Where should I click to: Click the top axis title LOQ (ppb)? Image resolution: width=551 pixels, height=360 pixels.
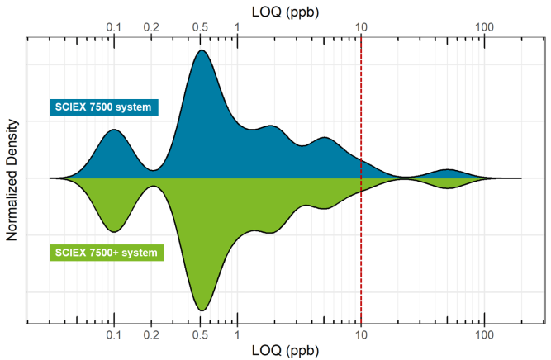pos(284,11)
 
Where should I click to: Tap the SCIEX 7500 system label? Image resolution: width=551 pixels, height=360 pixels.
pos(104,107)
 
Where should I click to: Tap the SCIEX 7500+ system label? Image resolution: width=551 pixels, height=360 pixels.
pos(107,252)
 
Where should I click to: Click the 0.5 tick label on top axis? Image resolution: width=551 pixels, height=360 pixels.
pos(201,27)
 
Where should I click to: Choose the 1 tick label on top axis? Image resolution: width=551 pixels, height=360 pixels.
pos(238,27)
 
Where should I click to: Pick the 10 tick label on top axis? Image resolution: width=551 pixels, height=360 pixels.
pos(361,27)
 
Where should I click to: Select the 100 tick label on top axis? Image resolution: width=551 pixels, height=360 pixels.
pos(485,27)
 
